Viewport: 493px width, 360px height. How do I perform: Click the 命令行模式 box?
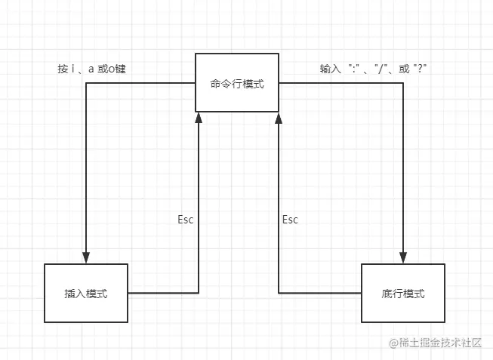click(x=237, y=83)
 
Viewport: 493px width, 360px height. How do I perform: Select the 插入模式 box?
click(x=86, y=293)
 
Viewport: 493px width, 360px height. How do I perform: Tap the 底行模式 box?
click(x=403, y=293)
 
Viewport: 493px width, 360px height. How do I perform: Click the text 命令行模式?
click(x=237, y=84)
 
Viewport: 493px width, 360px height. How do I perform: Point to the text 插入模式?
click(x=86, y=294)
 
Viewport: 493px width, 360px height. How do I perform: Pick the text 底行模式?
click(x=403, y=294)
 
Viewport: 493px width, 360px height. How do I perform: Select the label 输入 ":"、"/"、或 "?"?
click(x=378, y=69)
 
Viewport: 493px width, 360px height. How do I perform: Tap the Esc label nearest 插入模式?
click(x=186, y=220)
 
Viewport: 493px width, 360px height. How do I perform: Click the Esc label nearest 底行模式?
click(x=290, y=220)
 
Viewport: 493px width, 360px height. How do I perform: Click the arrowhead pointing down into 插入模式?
click(x=86, y=257)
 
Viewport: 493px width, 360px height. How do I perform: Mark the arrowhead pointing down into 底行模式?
click(x=403, y=257)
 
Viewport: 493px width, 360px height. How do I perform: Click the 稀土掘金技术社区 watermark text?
click(x=442, y=343)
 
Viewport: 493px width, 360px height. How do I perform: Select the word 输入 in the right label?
click(x=330, y=69)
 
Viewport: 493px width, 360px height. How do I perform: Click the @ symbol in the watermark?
click(x=393, y=343)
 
